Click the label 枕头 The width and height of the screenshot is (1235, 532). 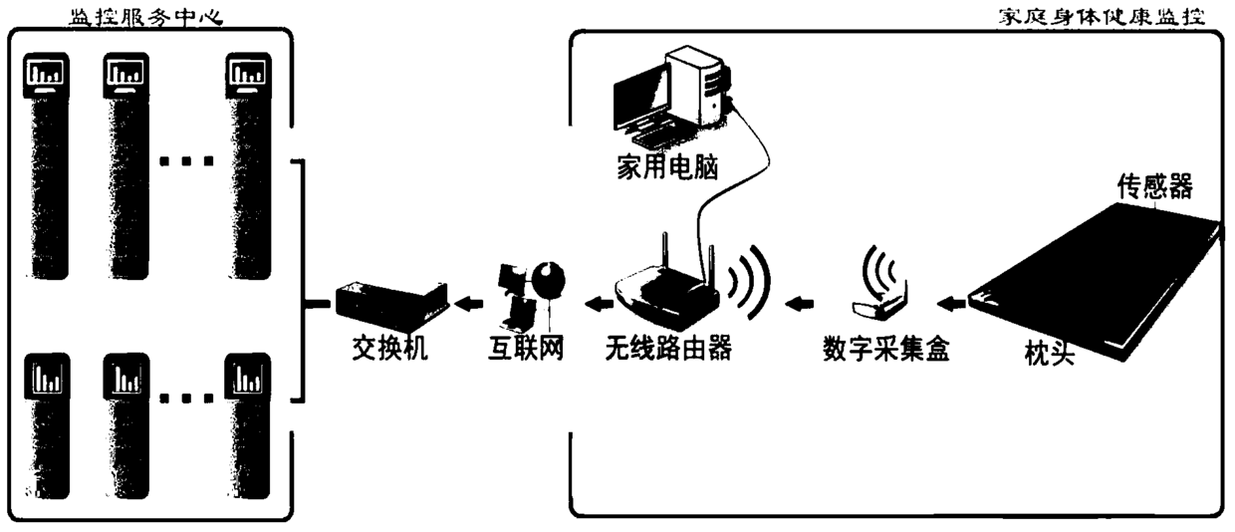(1049, 352)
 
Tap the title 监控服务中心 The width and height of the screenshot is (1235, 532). (149, 15)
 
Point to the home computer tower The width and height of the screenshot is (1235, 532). (697, 85)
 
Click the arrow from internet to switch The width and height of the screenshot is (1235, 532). (467, 300)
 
